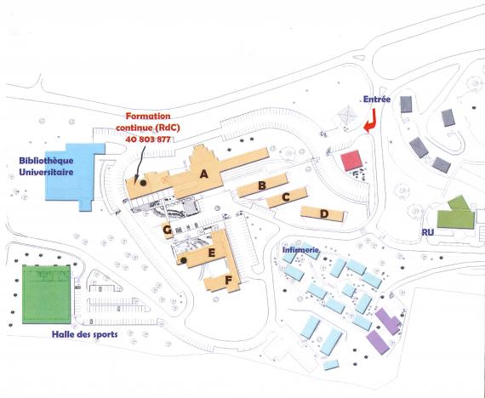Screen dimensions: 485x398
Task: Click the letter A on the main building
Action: click(x=203, y=174)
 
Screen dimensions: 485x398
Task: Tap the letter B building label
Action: click(x=262, y=185)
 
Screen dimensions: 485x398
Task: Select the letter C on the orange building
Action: click(x=286, y=196)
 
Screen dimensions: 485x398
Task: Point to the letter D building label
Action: click(x=324, y=213)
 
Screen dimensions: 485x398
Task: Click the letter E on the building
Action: click(x=212, y=253)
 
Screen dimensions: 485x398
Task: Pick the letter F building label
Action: click(x=228, y=281)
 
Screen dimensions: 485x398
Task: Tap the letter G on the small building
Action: click(x=167, y=230)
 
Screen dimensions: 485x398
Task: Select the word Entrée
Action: click(x=377, y=99)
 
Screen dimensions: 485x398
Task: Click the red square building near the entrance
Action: click(x=351, y=160)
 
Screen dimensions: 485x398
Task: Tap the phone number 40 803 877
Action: click(x=148, y=139)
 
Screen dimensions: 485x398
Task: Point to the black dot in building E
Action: click(x=184, y=260)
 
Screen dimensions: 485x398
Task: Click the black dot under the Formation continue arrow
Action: click(x=143, y=183)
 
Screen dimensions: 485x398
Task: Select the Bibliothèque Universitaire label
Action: click(x=47, y=166)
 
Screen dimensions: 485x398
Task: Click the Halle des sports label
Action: click(x=84, y=334)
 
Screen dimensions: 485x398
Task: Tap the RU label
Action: click(x=428, y=232)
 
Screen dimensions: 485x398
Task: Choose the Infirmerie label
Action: click(x=300, y=250)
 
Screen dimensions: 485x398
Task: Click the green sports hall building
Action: click(x=47, y=294)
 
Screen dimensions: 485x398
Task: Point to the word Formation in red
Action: click(x=148, y=117)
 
